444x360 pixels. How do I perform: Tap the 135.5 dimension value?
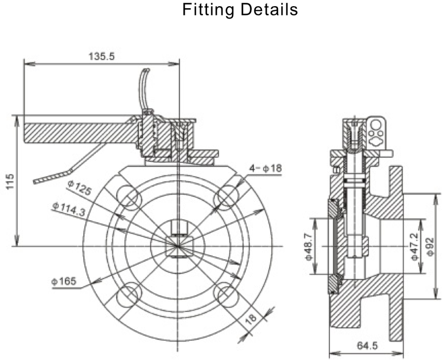(x=101, y=56)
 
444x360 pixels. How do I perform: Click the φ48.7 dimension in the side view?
(x=309, y=246)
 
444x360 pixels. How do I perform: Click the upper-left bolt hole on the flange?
(x=128, y=196)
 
